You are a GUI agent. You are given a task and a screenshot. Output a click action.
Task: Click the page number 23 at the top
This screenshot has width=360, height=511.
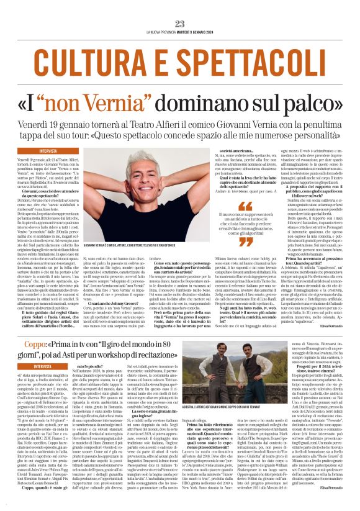click(x=180, y=24)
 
